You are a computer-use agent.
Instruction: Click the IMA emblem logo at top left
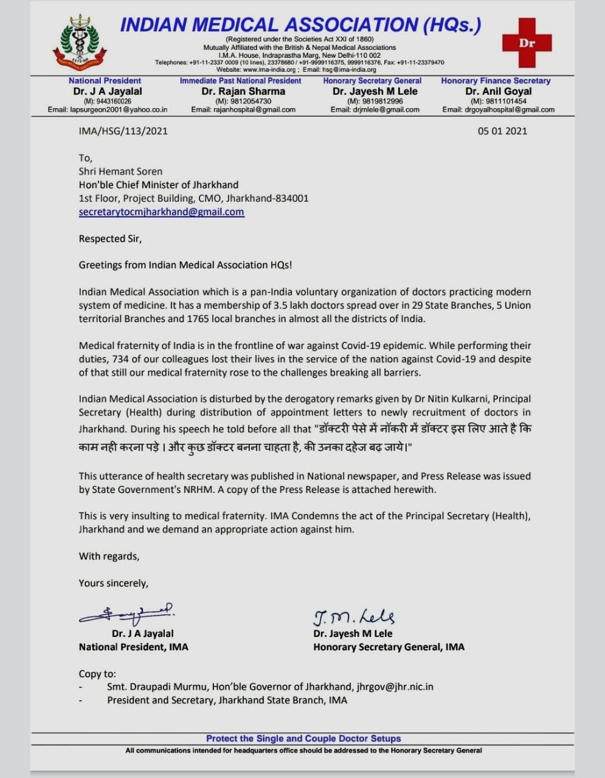(79, 42)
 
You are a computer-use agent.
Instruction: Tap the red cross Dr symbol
(527, 43)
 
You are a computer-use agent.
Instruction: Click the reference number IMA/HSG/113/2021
(123, 131)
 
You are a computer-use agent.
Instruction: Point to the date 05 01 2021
(502, 131)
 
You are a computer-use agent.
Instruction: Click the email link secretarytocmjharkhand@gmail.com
(161, 212)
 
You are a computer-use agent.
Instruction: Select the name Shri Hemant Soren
(120, 171)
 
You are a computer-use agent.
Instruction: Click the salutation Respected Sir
(110, 239)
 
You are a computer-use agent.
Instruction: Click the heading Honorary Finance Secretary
(496, 81)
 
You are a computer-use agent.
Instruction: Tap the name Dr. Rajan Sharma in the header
(243, 91)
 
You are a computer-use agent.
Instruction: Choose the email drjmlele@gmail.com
(375, 110)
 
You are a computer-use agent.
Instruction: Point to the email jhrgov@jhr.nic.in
(394, 687)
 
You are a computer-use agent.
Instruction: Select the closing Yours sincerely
(113, 583)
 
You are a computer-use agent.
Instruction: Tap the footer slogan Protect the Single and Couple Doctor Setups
(303, 738)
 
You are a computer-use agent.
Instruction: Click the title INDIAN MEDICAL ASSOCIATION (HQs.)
(300, 25)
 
